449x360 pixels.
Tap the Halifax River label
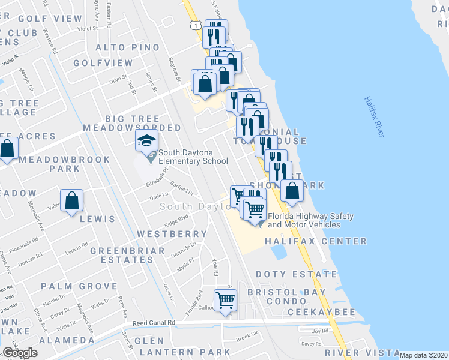(373, 117)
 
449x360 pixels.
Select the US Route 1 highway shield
(194, 25)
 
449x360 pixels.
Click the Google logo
(20, 352)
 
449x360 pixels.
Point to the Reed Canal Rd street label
(154, 323)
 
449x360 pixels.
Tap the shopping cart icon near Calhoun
(225, 299)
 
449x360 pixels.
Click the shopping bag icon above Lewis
(71, 200)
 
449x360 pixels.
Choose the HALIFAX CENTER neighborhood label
(315, 241)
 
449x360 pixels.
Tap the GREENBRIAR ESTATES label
(122, 255)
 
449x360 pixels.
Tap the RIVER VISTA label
(361, 352)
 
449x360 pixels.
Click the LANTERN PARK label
(191, 352)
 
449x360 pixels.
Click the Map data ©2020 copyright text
(424, 355)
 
